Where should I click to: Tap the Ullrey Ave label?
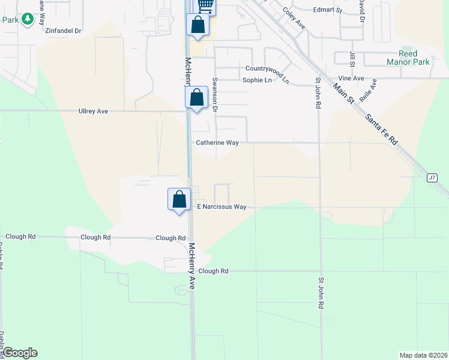pyautogui.click(x=93, y=111)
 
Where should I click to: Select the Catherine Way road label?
pyautogui.click(x=217, y=143)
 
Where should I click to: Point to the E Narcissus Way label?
pyautogui.click(x=222, y=206)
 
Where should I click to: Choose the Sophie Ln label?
pyautogui.click(x=258, y=79)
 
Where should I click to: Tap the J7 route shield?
pyautogui.click(x=432, y=178)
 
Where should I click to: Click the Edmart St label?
pyautogui.click(x=328, y=10)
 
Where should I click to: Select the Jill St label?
pyautogui.click(x=352, y=59)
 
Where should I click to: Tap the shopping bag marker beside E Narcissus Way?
pyautogui.click(x=179, y=199)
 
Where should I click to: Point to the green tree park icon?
pyautogui.click(x=27, y=20)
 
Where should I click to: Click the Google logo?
pyautogui.click(x=19, y=353)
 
